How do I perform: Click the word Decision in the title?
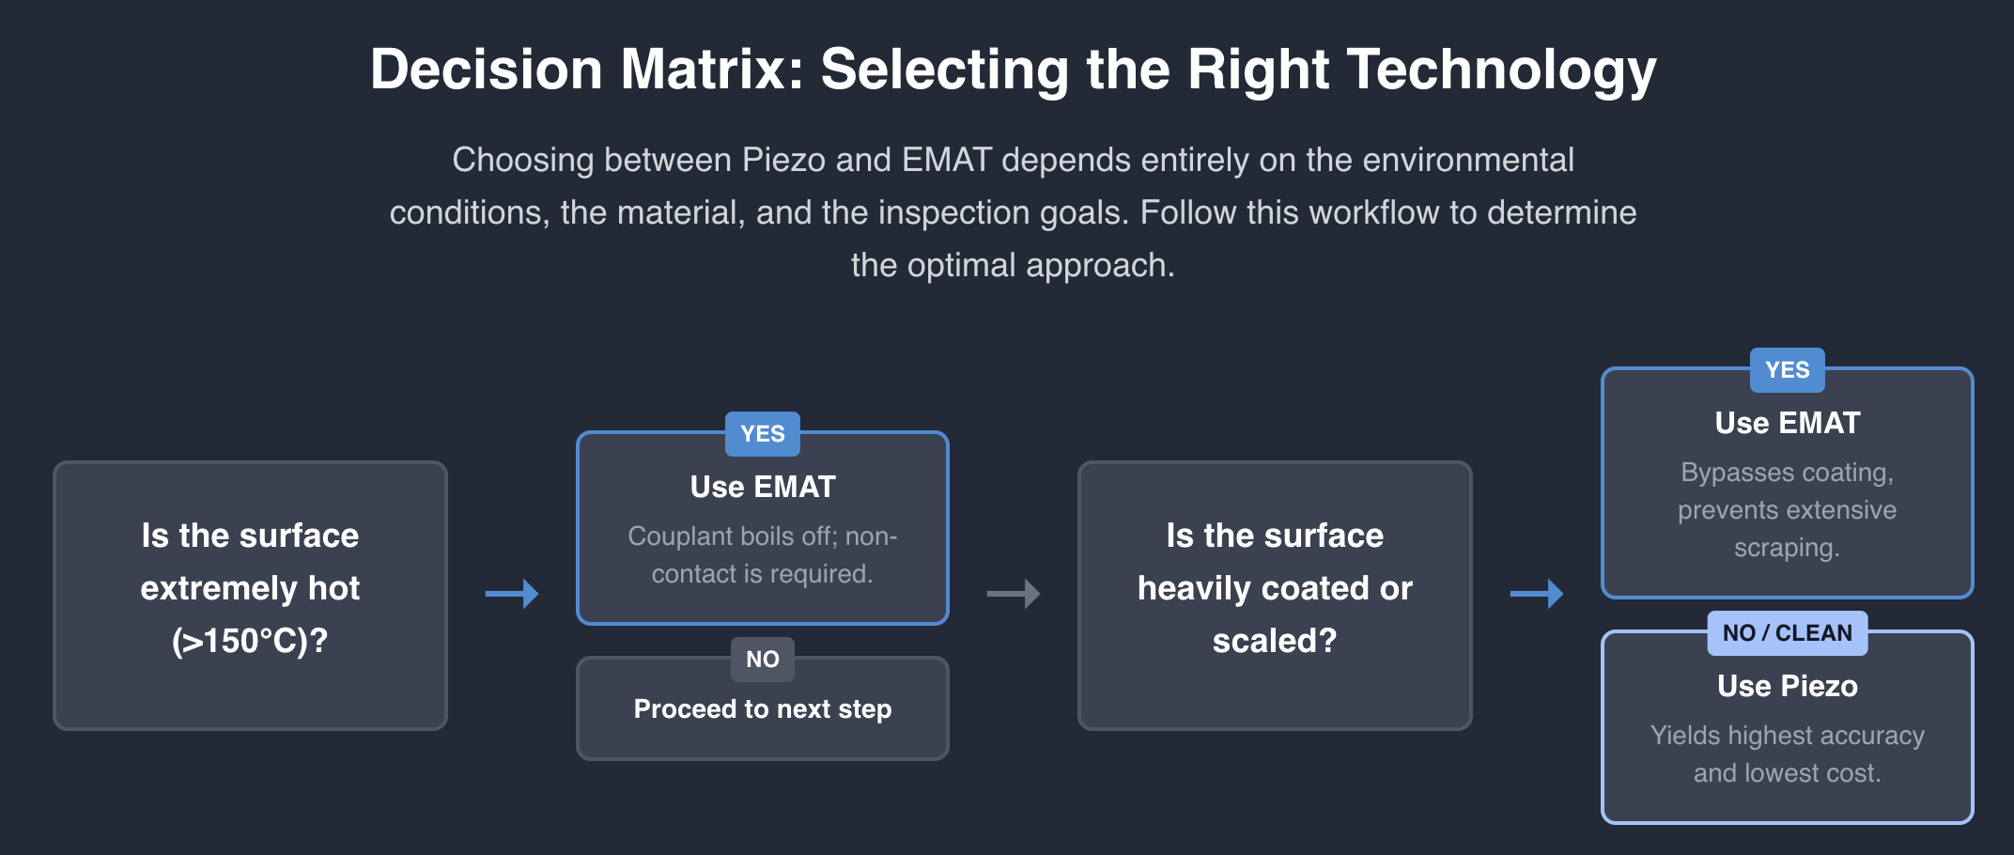point(487,70)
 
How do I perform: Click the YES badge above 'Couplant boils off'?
point(763,434)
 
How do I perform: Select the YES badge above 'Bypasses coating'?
point(1788,370)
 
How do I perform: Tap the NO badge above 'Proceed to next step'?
point(763,660)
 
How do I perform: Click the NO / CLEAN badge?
point(1788,633)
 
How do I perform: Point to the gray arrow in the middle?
point(1014,594)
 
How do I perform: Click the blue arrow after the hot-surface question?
point(512,594)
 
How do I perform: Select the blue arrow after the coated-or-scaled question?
point(1537,594)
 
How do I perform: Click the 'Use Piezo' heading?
point(1788,686)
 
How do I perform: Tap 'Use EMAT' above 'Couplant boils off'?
point(763,487)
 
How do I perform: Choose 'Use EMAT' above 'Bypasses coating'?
point(1788,423)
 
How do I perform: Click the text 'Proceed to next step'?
point(763,708)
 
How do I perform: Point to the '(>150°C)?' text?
point(250,641)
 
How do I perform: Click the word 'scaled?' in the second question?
point(1275,641)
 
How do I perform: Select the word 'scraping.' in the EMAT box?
point(1787,548)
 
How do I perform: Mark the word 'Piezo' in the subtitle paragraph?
point(784,160)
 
